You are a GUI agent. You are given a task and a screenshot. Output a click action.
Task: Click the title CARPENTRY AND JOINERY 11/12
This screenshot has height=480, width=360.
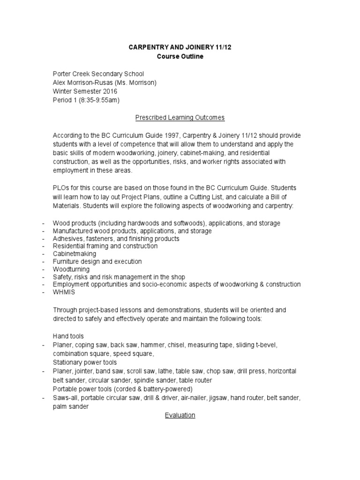180,48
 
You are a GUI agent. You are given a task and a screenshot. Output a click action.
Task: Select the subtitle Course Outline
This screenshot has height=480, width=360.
180,57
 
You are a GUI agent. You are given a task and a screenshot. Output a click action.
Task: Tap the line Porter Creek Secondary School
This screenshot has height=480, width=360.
98,74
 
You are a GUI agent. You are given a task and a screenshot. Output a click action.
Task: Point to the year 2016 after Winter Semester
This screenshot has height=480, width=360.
110,91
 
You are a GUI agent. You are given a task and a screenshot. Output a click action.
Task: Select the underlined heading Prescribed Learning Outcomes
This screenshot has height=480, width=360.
180,117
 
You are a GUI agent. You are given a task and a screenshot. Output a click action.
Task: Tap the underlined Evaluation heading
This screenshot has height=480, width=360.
180,415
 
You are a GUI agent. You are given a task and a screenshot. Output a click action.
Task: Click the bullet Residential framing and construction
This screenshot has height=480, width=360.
105,246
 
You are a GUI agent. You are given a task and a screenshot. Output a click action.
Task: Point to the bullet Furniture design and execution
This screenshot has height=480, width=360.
97,262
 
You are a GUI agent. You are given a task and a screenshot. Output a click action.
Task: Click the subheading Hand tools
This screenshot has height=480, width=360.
68,336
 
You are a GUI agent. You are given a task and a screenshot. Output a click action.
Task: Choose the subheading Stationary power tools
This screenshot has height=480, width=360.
85,362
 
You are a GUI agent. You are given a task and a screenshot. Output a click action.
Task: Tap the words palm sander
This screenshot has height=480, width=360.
71,407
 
